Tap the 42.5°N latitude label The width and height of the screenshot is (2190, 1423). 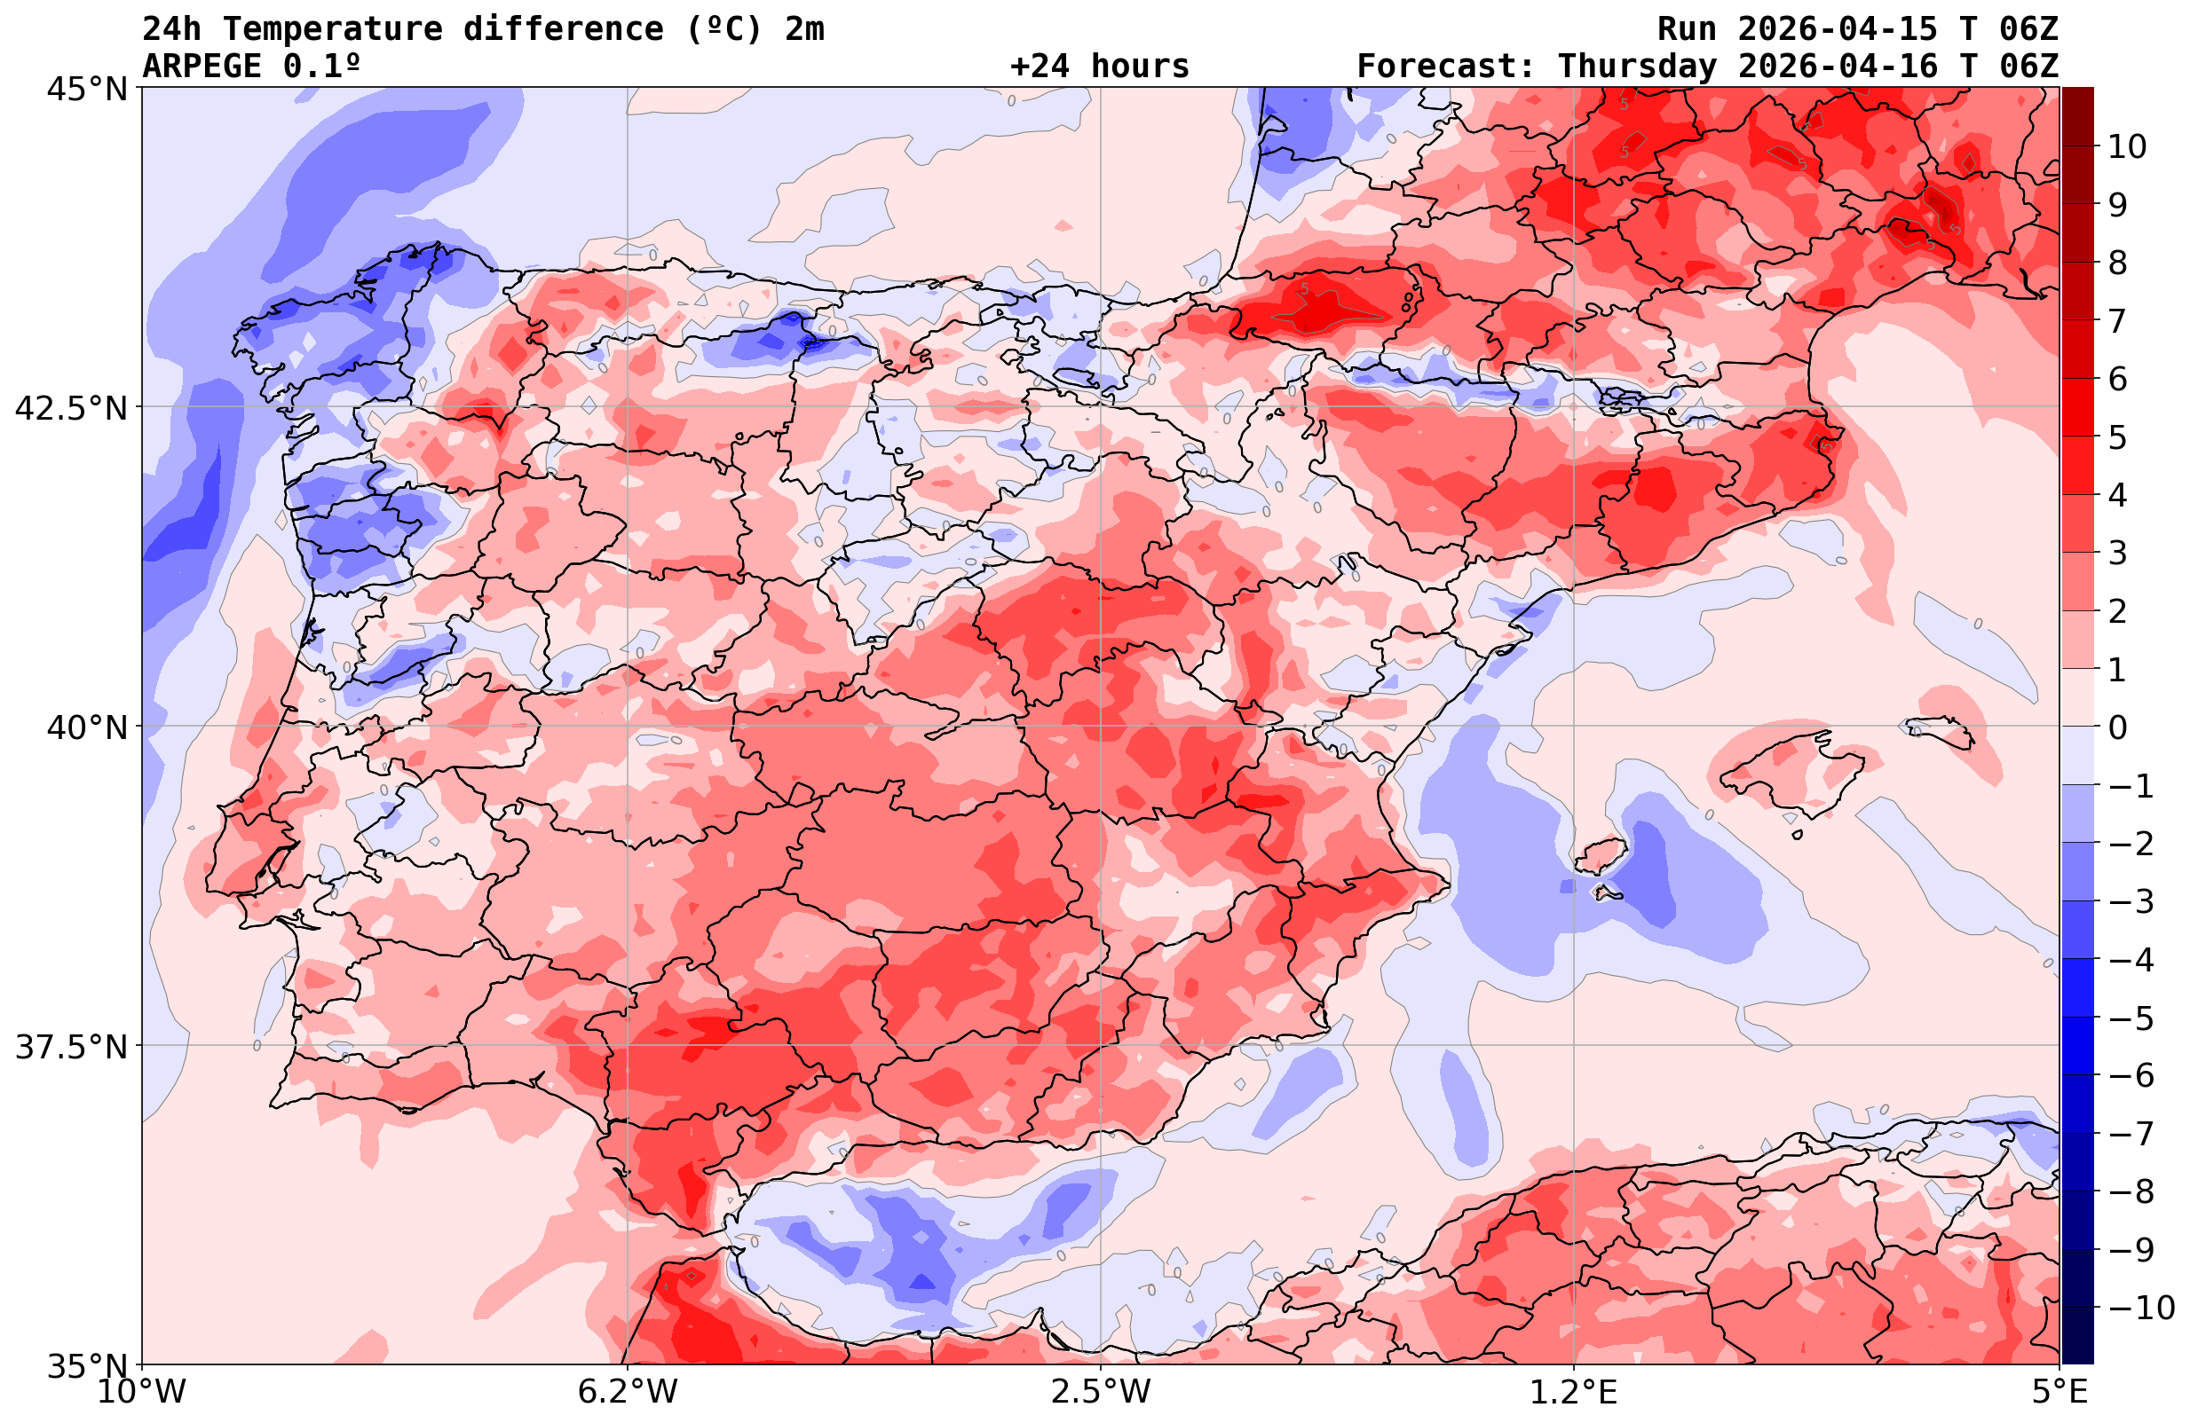pos(72,407)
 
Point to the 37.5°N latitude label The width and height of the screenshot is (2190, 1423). pos(72,1047)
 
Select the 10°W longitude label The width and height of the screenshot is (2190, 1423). pos(142,1392)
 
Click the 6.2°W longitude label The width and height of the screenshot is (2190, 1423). pos(628,1392)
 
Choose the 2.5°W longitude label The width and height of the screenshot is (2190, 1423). pos(1101,1392)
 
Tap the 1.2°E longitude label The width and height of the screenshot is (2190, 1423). pos(1574,1392)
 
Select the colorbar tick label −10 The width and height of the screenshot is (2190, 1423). pos(2140,1307)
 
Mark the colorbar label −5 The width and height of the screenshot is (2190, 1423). pos(2131,1018)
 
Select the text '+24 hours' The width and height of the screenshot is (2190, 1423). pos(1100,67)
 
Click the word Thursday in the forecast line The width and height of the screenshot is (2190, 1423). pos(1637,67)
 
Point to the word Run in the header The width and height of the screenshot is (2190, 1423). pos(1687,29)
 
